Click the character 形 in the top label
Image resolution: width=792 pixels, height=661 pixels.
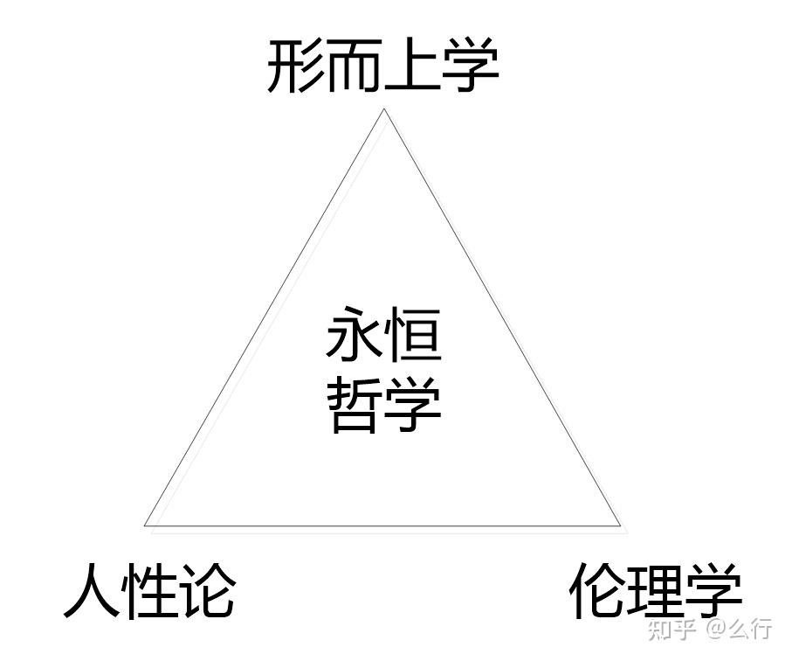(x=295, y=67)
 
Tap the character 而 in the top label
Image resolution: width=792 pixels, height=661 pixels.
(x=354, y=67)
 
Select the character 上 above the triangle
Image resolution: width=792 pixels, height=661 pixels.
(x=411, y=67)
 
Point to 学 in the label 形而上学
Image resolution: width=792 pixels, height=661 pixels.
(x=470, y=67)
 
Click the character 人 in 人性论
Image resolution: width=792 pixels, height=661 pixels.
(x=92, y=592)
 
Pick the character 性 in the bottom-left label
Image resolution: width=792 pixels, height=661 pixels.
(x=149, y=592)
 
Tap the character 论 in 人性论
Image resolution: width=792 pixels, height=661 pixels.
(x=207, y=592)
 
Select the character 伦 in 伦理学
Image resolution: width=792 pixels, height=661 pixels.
(x=598, y=592)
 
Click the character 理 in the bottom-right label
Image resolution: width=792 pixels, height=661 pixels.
(x=656, y=592)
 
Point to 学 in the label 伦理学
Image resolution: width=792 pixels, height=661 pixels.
(x=713, y=592)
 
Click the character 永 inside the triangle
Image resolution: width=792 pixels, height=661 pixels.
(x=355, y=338)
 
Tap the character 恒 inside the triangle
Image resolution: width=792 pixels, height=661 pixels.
(x=413, y=338)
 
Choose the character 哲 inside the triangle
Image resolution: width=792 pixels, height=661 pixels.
(x=355, y=405)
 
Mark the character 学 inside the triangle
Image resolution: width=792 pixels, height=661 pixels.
(x=413, y=405)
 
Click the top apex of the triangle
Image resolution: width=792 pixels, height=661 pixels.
(x=384, y=109)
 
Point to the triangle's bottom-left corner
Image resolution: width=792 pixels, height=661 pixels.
(x=145, y=525)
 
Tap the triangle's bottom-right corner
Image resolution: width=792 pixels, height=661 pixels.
(x=620, y=526)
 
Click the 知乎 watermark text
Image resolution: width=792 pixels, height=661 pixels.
(x=672, y=629)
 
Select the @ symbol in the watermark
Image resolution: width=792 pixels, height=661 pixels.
(x=717, y=629)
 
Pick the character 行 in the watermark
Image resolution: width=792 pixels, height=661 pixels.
(x=761, y=629)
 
